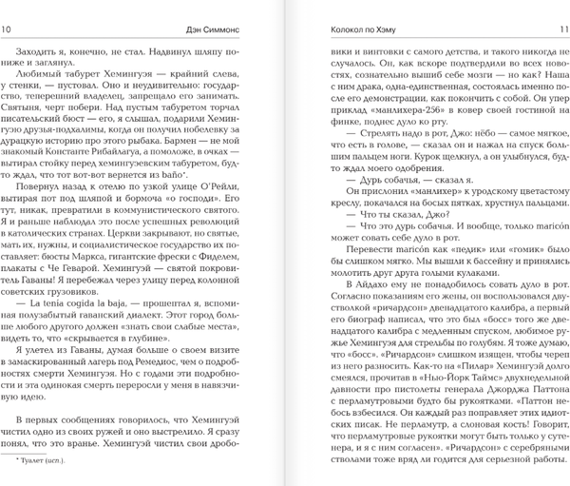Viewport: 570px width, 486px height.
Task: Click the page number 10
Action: (9, 30)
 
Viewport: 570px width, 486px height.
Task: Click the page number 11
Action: (560, 30)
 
